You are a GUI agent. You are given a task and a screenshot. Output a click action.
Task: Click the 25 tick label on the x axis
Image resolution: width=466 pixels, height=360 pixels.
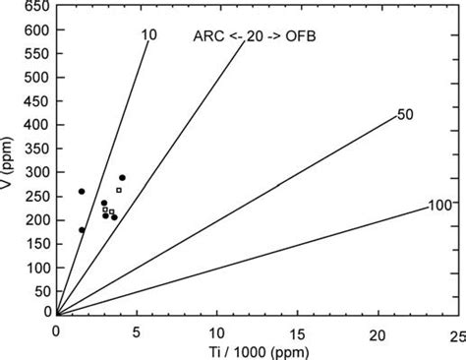click(x=456, y=334)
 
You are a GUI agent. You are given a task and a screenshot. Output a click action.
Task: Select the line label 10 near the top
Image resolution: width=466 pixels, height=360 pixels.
click(x=148, y=35)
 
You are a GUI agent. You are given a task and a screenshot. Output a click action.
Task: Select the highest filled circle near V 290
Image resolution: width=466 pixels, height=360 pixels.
click(x=122, y=178)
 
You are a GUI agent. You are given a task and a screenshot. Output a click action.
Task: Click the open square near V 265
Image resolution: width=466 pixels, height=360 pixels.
click(x=119, y=190)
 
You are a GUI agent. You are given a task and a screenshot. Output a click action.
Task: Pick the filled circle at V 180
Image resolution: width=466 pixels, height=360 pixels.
click(x=82, y=229)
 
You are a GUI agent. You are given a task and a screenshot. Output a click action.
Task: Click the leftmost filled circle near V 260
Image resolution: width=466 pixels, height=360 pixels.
click(x=82, y=192)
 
